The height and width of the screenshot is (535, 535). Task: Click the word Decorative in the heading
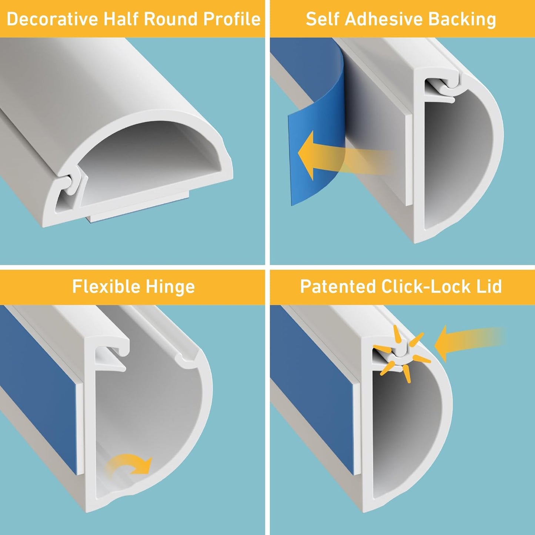(53, 19)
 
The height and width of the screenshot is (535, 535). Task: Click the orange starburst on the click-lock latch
(402, 354)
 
